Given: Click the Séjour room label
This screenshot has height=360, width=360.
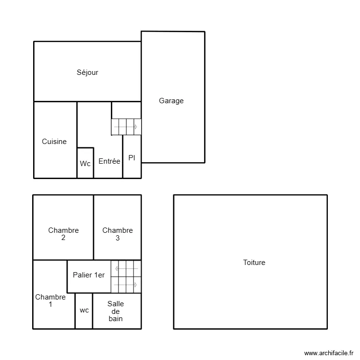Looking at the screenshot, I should coord(87,72).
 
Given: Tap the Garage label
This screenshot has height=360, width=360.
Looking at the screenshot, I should coord(171,101).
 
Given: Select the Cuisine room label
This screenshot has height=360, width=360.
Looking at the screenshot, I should coord(54,142).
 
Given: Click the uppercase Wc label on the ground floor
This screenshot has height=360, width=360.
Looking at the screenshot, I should coord(85,164).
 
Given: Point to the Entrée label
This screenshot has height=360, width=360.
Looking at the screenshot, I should coord(109,161).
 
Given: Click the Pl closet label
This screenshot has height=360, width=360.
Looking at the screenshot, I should coord(132,158).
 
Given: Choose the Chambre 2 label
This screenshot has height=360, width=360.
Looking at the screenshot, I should coord(63,234).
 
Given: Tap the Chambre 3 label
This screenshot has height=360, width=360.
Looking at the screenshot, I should coord(118,234).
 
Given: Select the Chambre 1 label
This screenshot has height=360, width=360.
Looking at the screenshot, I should coord(50,300).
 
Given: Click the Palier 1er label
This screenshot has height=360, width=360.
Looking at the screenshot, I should coord(89,275).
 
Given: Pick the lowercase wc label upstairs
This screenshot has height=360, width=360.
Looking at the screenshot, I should coord(84,310).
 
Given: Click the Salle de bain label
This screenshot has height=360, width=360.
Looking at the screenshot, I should coord(116,311).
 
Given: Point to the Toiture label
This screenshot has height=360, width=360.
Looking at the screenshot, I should coord(254,263).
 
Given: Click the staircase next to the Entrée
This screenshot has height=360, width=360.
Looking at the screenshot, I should coord(126,127).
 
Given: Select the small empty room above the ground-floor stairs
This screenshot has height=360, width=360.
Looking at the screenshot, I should coord(126,110).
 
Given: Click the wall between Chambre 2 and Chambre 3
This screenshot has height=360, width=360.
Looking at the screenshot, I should coord(94,227).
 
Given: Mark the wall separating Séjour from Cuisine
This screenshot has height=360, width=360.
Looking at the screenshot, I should coord(55,102).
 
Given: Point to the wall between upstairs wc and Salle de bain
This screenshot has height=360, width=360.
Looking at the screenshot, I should coord(93,311).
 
